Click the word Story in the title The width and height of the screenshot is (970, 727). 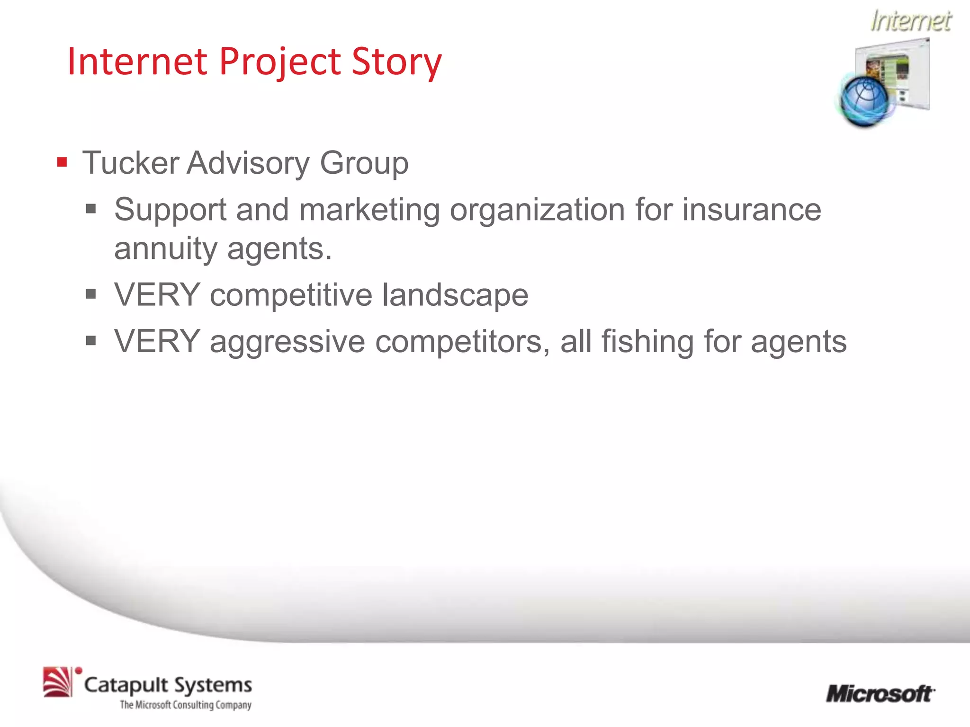(396, 62)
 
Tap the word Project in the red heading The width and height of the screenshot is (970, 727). (279, 62)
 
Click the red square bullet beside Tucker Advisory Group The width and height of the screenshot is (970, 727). (62, 163)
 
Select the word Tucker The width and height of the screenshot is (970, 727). (130, 163)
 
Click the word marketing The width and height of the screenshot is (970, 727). (369, 210)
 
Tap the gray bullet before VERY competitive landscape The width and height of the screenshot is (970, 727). (91, 295)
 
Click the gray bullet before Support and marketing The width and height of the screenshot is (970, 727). (91, 209)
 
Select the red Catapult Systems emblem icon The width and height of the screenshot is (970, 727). (58, 682)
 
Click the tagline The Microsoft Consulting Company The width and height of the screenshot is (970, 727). (185, 705)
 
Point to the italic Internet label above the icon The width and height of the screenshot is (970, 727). (910, 21)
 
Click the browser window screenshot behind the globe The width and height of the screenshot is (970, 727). (902, 71)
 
